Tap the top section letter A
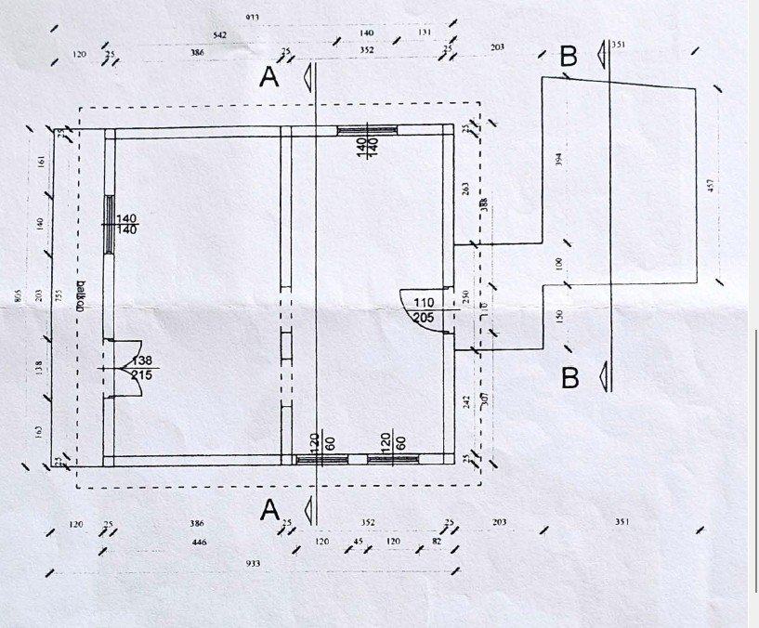point(268,78)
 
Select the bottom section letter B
point(570,378)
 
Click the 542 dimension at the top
point(220,34)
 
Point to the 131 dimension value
point(425,33)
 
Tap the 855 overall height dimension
point(17,295)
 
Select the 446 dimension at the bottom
point(198,543)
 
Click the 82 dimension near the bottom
point(437,540)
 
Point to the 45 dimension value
point(357,540)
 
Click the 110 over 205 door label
point(424,310)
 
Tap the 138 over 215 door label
point(142,367)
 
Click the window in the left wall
point(108,223)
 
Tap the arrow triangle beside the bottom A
point(303,510)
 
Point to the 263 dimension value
point(465,190)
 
